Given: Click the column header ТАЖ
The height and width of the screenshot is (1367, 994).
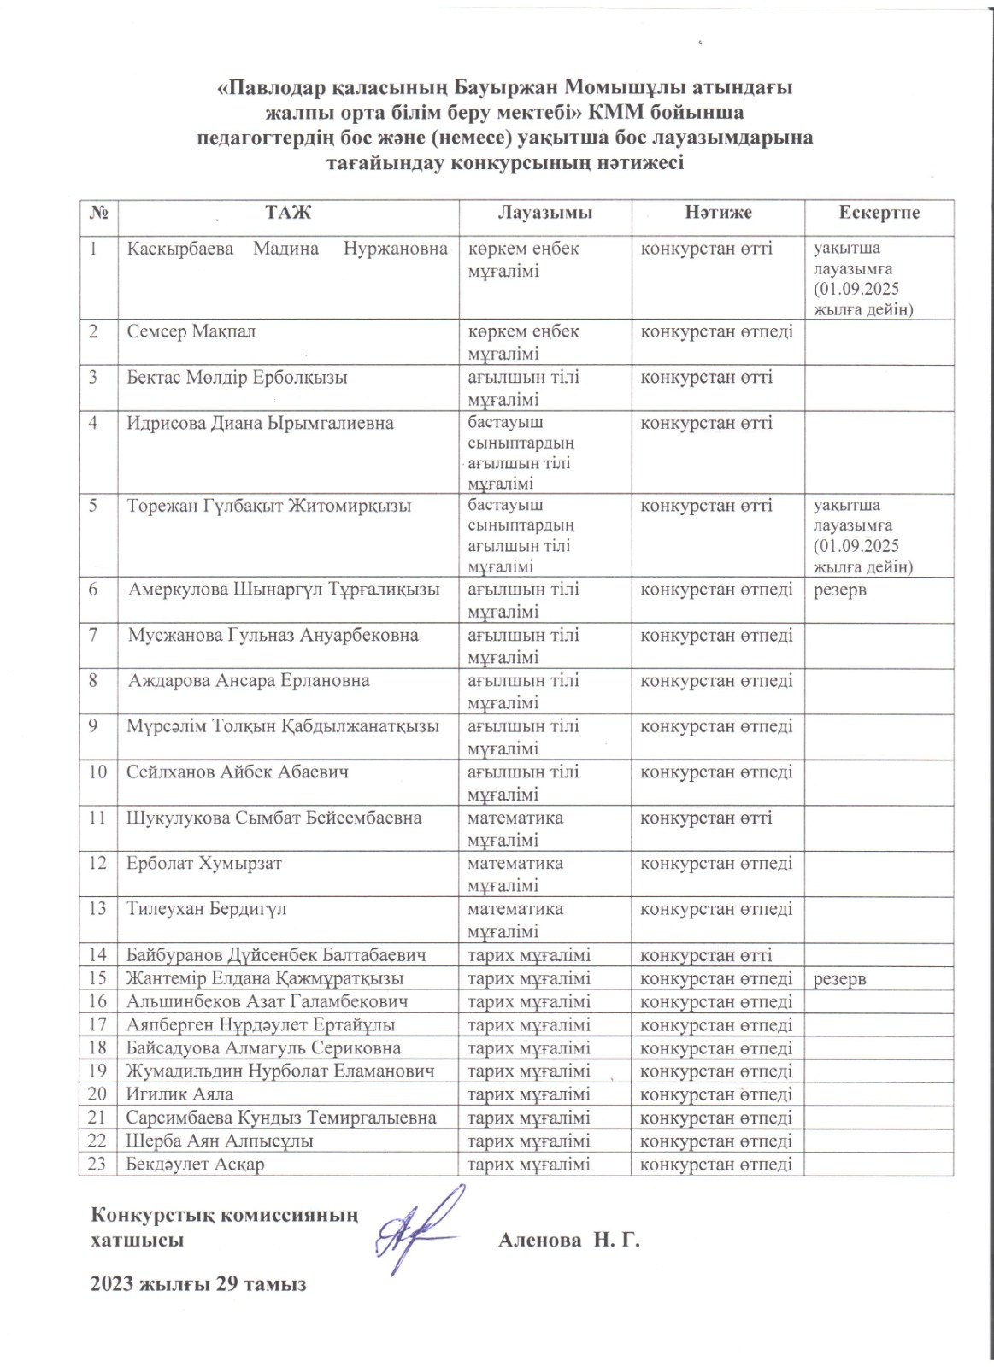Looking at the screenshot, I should click(288, 213).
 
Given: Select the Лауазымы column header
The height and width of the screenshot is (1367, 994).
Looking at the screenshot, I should click(544, 213).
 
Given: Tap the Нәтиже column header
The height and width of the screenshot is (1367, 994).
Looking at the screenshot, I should click(718, 213).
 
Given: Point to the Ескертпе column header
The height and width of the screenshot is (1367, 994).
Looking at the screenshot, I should click(879, 213).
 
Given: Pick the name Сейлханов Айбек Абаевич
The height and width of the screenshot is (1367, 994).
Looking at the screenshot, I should click(237, 772).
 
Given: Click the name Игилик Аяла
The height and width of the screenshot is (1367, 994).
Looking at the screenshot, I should click(179, 1094).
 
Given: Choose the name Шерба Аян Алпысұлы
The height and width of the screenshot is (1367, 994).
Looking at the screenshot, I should click(220, 1141).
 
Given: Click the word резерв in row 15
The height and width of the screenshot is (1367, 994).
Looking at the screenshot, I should click(839, 979).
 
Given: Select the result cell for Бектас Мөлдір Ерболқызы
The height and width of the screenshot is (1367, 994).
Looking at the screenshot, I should click(706, 377).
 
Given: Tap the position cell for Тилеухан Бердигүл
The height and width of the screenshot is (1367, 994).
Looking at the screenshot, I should click(515, 919).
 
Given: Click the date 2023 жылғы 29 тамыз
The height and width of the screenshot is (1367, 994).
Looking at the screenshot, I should click(198, 1284).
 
